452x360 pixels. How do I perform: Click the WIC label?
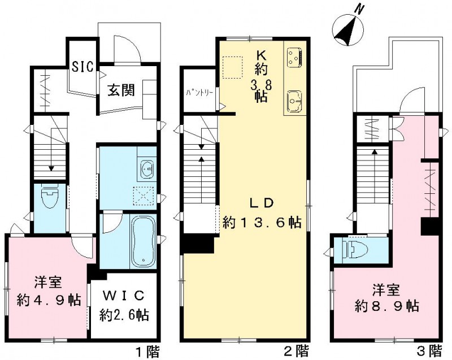(x=124, y=295)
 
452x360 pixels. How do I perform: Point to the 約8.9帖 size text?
(x=386, y=306)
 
